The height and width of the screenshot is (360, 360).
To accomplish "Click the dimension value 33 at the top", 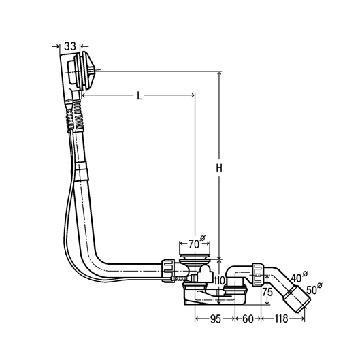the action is pyautogui.click(x=70, y=46).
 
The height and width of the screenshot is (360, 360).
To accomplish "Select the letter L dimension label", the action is pyautogui.click(x=140, y=95).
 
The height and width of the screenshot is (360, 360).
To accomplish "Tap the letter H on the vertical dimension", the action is pyautogui.click(x=219, y=168).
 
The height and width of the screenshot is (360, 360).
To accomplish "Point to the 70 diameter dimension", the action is pyautogui.click(x=197, y=243).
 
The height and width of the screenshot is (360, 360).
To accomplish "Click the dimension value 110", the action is pyautogui.click(x=218, y=280).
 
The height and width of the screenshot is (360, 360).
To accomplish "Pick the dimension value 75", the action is pyautogui.click(x=267, y=292).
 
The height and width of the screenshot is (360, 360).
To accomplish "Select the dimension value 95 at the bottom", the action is pyautogui.click(x=215, y=318).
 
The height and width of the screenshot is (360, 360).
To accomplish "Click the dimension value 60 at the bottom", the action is pyautogui.click(x=248, y=318).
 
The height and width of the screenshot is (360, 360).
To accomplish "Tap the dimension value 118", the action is pyautogui.click(x=281, y=318).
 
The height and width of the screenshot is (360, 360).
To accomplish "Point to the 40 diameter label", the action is pyautogui.click(x=299, y=277).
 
